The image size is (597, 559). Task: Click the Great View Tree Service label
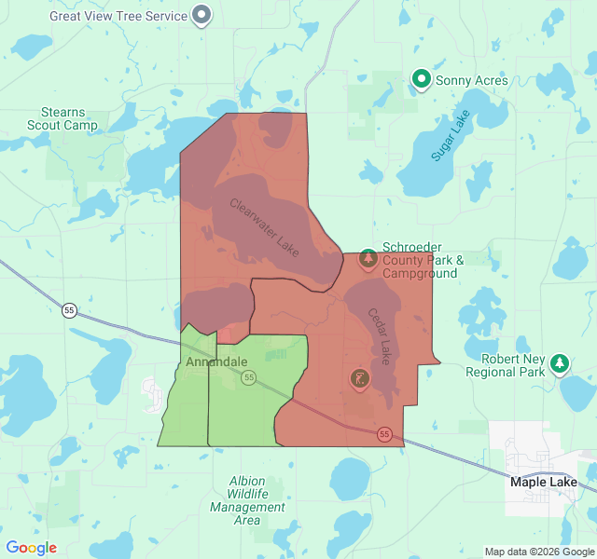coord(118,16)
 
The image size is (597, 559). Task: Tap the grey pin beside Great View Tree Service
coord(201,15)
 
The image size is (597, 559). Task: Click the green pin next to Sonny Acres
coord(421,80)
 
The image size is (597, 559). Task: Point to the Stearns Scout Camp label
coord(62,118)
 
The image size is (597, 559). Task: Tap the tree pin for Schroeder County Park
coord(368,256)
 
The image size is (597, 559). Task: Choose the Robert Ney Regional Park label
coord(512,365)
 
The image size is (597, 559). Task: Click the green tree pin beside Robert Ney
coord(560,362)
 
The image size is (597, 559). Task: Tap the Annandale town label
coord(216,361)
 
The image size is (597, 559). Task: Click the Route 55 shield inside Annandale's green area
coord(248,377)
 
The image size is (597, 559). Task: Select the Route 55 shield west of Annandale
coord(69,309)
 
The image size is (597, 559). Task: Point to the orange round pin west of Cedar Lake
coord(359,378)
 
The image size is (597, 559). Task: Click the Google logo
coord(31,548)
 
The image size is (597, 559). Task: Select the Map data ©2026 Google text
coord(538,552)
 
